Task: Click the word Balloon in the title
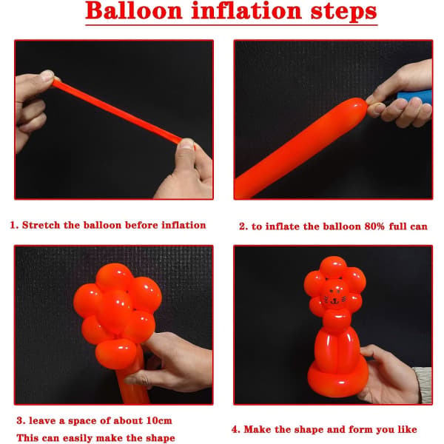click(x=134, y=11)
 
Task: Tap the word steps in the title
click(x=343, y=12)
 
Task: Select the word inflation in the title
click(x=246, y=10)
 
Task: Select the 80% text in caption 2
click(x=374, y=226)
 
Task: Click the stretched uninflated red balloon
click(x=117, y=111)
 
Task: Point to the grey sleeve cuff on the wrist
click(x=423, y=385)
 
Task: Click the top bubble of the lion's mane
click(x=333, y=267)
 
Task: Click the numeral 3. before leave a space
click(x=21, y=420)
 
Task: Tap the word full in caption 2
click(x=397, y=226)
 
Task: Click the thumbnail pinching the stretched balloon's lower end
click(x=186, y=143)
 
